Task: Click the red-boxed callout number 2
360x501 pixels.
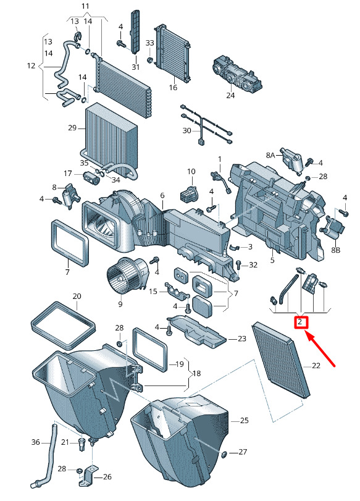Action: [300, 322]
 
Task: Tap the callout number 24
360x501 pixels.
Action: [230, 95]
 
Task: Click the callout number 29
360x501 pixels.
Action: [72, 127]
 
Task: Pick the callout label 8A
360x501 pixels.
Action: [270, 155]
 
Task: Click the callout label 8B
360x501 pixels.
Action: [336, 250]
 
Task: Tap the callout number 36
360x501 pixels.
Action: [35, 442]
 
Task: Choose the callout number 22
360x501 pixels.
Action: [316, 365]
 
